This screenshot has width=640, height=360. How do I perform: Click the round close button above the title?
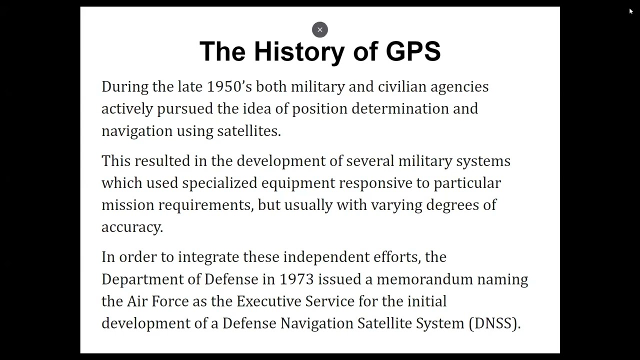pos(320,30)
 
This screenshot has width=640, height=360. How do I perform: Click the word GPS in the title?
pos(413,51)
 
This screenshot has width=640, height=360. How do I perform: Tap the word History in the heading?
pos(299,51)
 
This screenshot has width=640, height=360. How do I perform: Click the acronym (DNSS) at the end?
pos(494,323)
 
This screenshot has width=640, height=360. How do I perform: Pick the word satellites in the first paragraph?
pos(248,131)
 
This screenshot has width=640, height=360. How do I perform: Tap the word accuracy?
pos(132,227)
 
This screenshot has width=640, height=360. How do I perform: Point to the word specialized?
pos(219,183)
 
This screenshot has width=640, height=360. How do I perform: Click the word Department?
pos(142,279)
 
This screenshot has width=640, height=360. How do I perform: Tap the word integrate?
pos(208,257)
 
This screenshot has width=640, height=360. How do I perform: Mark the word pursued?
pos(185,109)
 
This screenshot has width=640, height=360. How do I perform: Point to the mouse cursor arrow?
pos(631,11)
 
